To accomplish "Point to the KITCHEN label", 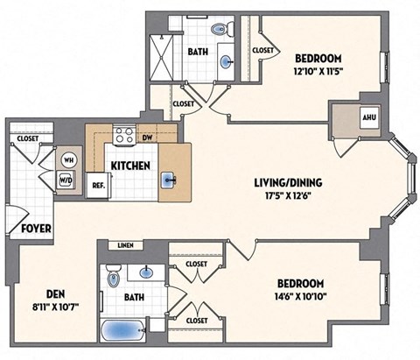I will (129, 166).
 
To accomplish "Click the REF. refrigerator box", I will (98, 185).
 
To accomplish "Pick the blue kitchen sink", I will (169, 181).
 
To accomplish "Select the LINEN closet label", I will (124, 246).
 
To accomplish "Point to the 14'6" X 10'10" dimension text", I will (301, 298).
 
